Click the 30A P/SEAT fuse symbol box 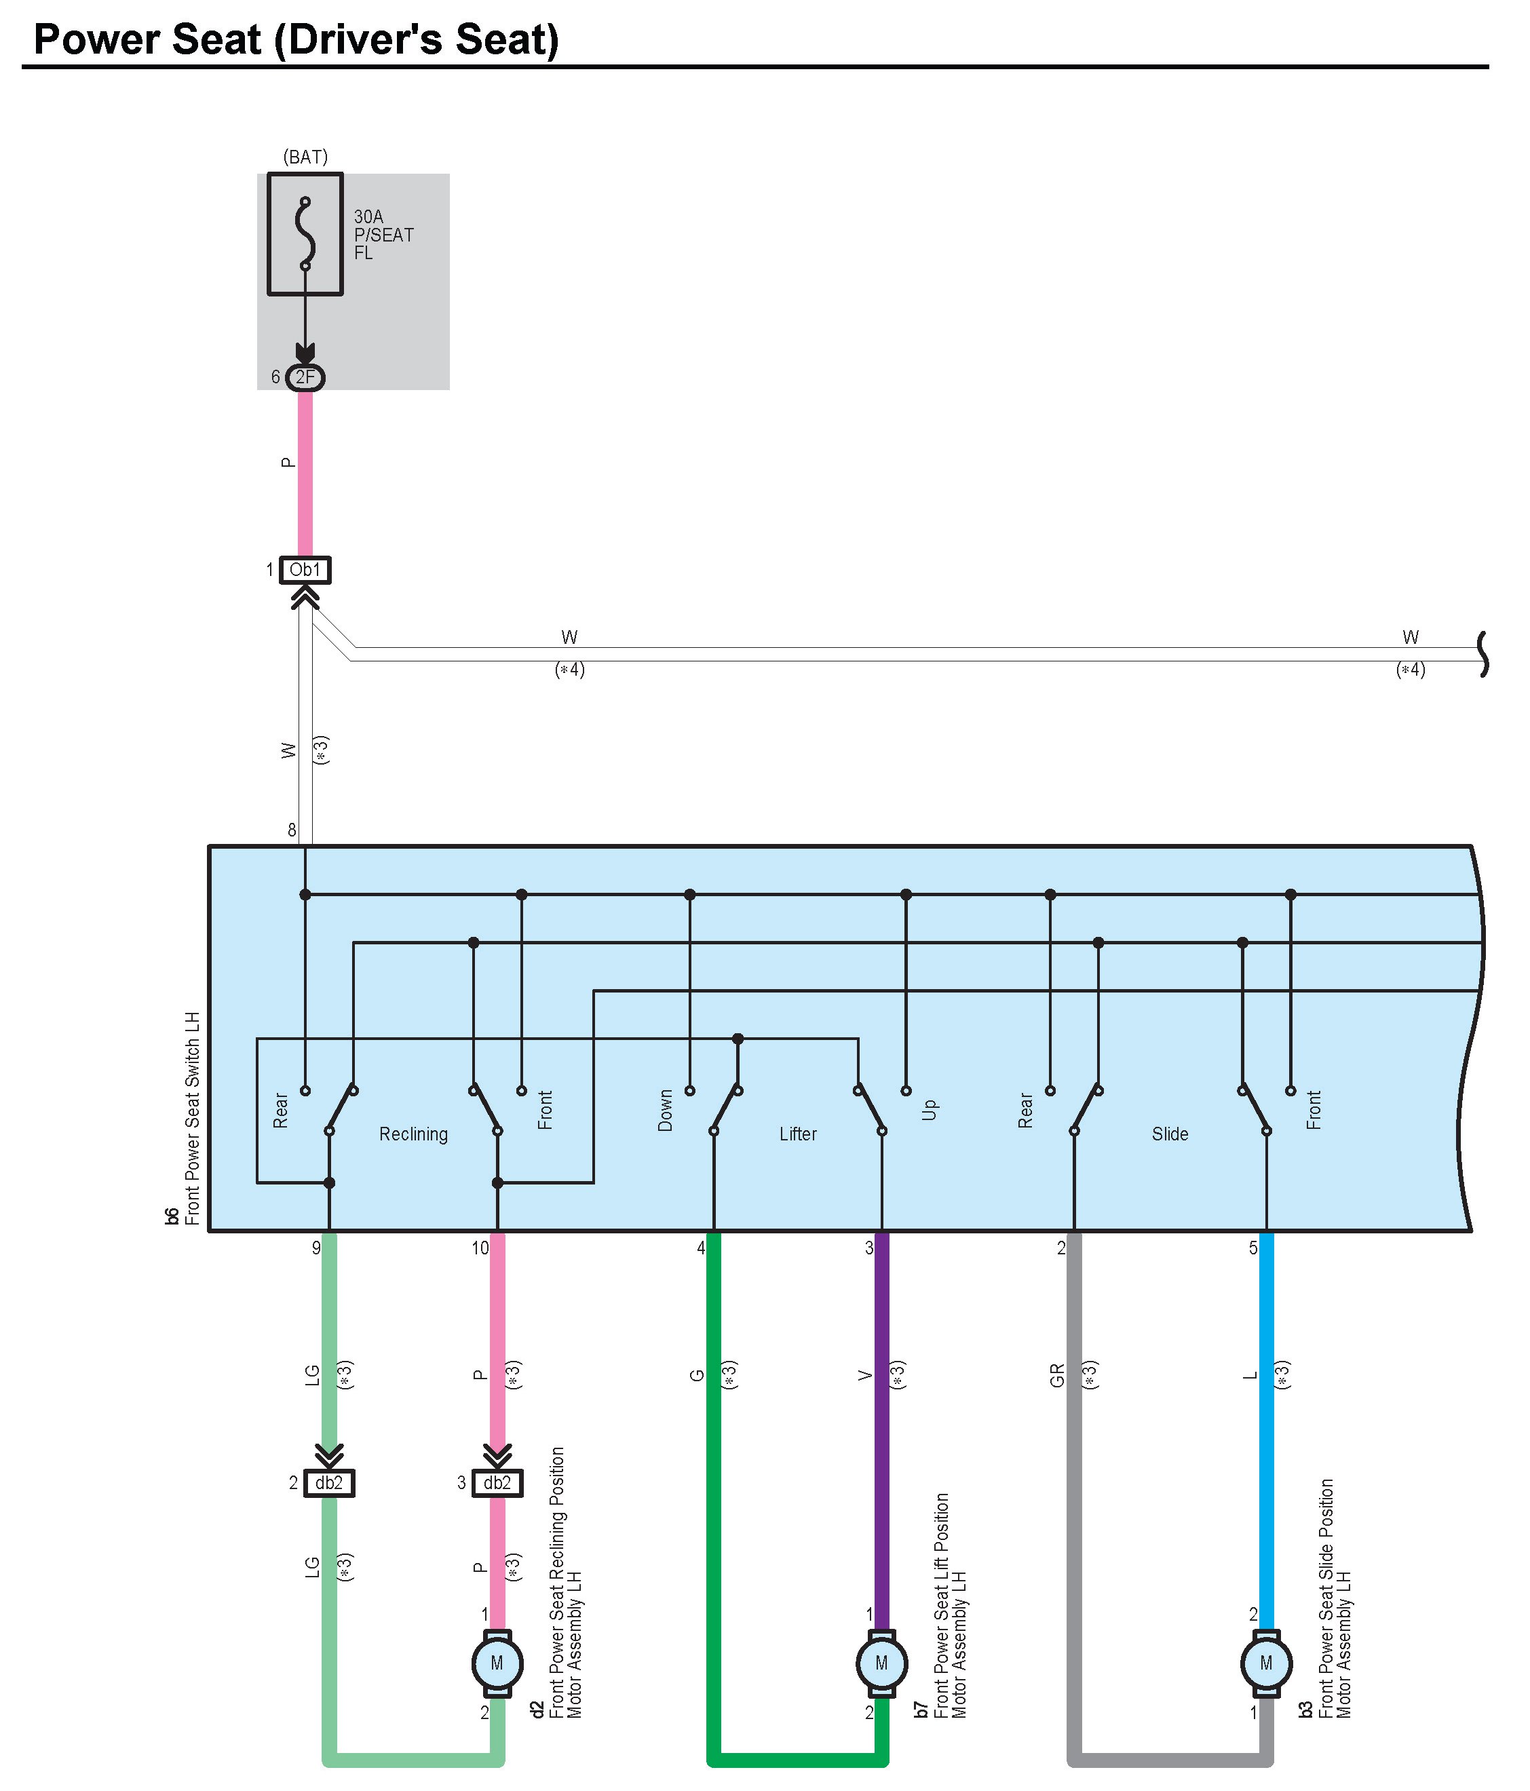tap(305, 234)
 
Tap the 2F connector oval tap(305, 377)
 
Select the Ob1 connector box tap(305, 570)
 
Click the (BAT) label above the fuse tap(306, 157)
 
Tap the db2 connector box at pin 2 tap(329, 1482)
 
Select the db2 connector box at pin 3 tap(497, 1482)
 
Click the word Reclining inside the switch tap(413, 1134)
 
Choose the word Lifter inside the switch tap(798, 1134)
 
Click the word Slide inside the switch tap(1170, 1134)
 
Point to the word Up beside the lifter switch tap(930, 1110)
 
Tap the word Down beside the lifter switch tap(665, 1110)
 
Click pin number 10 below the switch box tap(480, 1248)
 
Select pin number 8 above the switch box tap(292, 830)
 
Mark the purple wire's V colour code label tap(865, 1375)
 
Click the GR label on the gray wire tap(1057, 1375)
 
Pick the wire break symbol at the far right tap(1483, 655)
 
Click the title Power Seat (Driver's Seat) tap(297, 40)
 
